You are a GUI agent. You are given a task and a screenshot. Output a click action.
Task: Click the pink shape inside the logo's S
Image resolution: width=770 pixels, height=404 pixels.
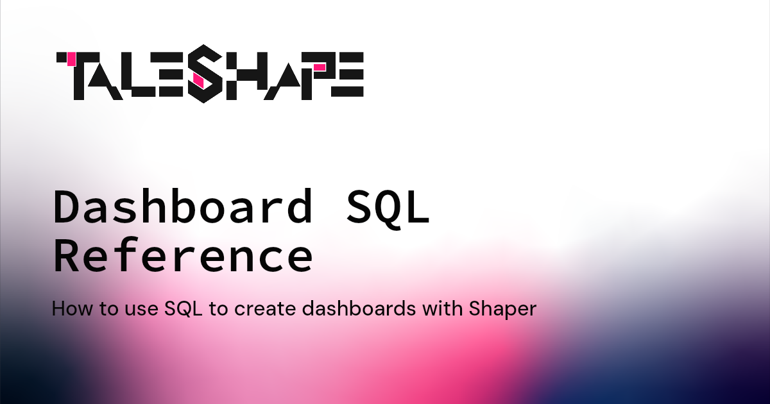(x=198, y=80)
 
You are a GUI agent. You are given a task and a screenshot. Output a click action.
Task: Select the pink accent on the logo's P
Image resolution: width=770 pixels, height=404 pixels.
(x=319, y=66)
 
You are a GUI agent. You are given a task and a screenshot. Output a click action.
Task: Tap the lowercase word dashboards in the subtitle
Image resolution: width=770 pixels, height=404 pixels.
(x=357, y=309)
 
